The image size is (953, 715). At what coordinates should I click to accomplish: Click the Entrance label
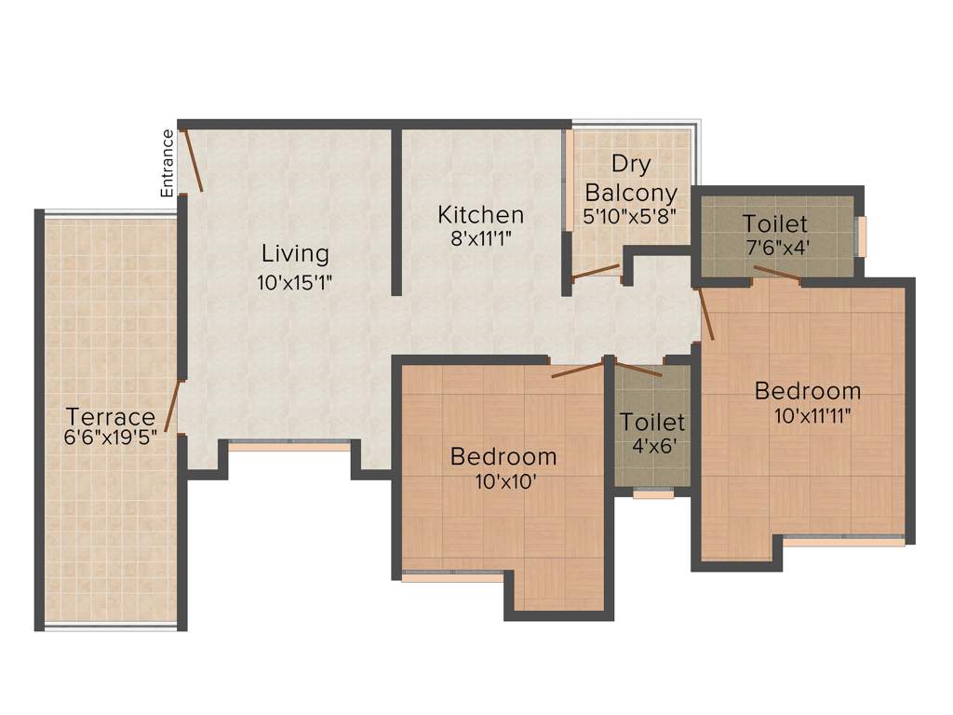coord(168,162)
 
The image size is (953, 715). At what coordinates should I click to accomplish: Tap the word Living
coord(295,253)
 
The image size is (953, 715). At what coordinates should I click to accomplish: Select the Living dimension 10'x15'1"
coord(295,282)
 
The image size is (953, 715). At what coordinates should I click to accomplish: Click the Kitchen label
coord(481,215)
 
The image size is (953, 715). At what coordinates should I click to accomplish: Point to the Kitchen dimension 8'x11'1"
coord(481,238)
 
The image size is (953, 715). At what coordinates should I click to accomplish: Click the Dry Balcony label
coord(630,179)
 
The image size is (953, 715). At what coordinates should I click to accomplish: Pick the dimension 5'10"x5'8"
coord(629,216)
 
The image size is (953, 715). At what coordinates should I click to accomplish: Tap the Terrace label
coord(110,416)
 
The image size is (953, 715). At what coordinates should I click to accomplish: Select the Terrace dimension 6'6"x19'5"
coord(110,438)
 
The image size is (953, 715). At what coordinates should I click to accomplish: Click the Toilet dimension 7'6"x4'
coord(775,250)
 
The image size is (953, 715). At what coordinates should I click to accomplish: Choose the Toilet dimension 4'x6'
coord(652,445)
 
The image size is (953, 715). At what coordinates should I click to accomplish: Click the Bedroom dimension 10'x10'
coord(503,482)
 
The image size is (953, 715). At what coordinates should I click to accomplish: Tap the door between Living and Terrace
coord(172,406)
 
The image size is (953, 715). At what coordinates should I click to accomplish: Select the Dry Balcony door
coord(596,272)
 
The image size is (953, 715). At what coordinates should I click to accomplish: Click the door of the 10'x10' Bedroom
coord(580,369)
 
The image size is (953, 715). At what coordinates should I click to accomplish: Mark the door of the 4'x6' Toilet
coord(638,368)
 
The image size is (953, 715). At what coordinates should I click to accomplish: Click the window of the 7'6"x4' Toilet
coord(862,236)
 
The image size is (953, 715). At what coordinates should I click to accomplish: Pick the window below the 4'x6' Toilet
coord(653,494)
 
